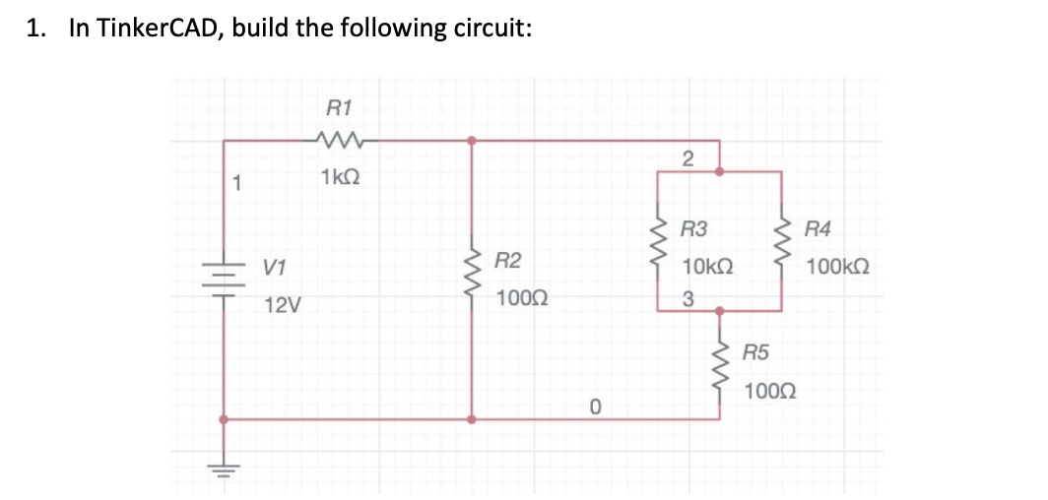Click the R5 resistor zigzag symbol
pos(721,365)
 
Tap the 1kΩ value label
pos(340,177)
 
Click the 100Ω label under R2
pos(523,297)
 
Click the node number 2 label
pos(688,158)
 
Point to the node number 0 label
pos(595,405)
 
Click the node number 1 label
pos(234,181)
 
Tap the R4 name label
pos(818,231)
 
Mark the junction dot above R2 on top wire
pos(473,140)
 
